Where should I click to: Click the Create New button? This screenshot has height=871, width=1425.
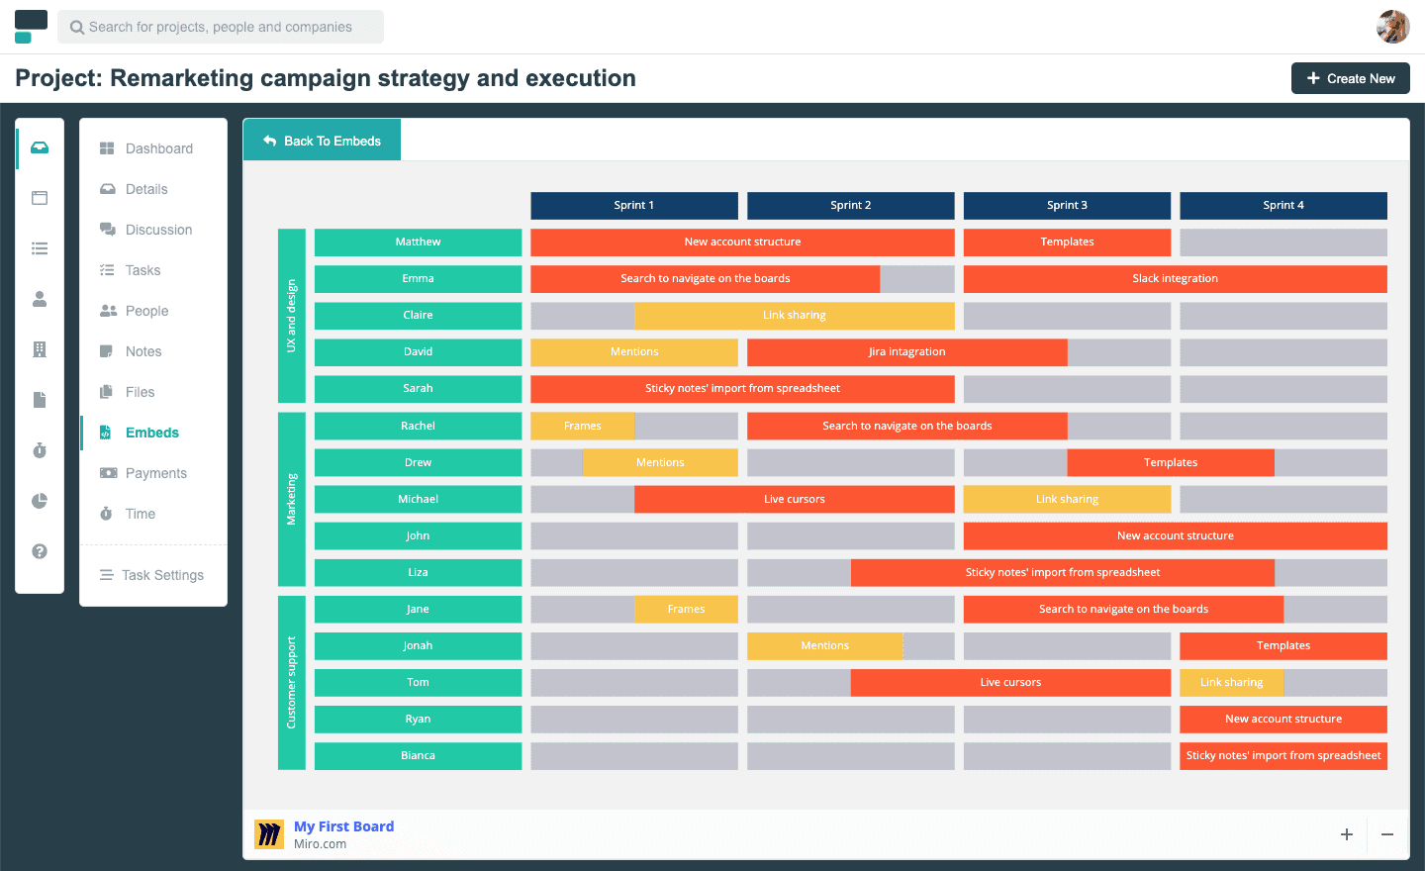click(1350, 78)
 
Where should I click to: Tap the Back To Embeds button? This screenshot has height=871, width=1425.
click(322, 140)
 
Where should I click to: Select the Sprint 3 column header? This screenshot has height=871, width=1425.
click(1067, 206)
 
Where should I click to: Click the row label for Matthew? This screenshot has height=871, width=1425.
click(418, 242)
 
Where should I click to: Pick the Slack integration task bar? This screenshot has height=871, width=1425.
click(1175, 279)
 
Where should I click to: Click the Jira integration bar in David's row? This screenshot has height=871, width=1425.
click(907, 351)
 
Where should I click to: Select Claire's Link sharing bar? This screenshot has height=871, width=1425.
click(794, 316)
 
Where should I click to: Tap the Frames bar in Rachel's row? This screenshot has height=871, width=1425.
click(582, 426)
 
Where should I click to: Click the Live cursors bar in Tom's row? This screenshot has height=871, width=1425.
click(1010, 682)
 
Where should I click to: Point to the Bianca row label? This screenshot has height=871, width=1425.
click(418, 756)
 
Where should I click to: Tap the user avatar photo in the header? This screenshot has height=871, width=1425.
click(1392, 27)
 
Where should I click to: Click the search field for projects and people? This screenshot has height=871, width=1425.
click(221, 27)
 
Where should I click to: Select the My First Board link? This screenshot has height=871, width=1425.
click(343, 826)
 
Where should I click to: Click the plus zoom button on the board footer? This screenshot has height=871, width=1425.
click(1347, 834)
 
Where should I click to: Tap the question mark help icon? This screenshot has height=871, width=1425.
click(40, 551)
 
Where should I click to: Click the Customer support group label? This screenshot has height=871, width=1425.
click(291, 683)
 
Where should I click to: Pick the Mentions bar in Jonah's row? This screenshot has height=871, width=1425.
click(824, 645)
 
